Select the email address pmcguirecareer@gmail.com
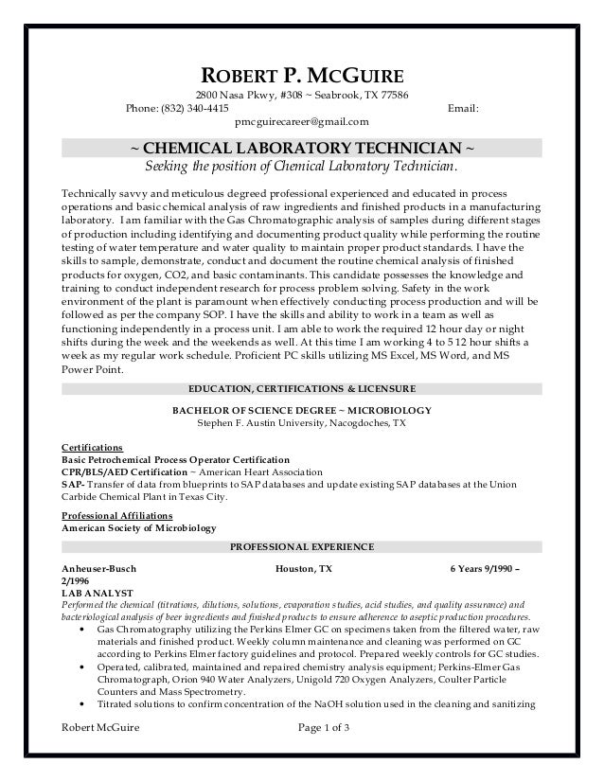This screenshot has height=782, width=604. pyautogui.click(x=302, y=121)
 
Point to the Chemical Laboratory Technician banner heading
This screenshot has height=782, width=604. pyautogui.click(x=302, y=149)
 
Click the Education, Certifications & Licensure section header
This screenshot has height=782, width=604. pyautogui.click(x=301, y=388)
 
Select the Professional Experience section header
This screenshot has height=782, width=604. pyautogui.click(x=302, y=547)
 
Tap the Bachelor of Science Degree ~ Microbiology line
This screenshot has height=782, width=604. pyautogui.click(x=301, y=410)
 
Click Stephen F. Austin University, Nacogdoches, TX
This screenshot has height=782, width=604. pyautogui.click(x=301, y=423)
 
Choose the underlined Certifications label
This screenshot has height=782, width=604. pyautogui.click(x=92, y=445)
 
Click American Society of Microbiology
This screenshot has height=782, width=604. pyautogui.click(x=138, y=527)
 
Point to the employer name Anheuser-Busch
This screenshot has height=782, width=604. pyautogui.click(x=98, y=569)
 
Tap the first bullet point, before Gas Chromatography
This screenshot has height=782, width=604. pyautogui.click(x=88, y=630)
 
